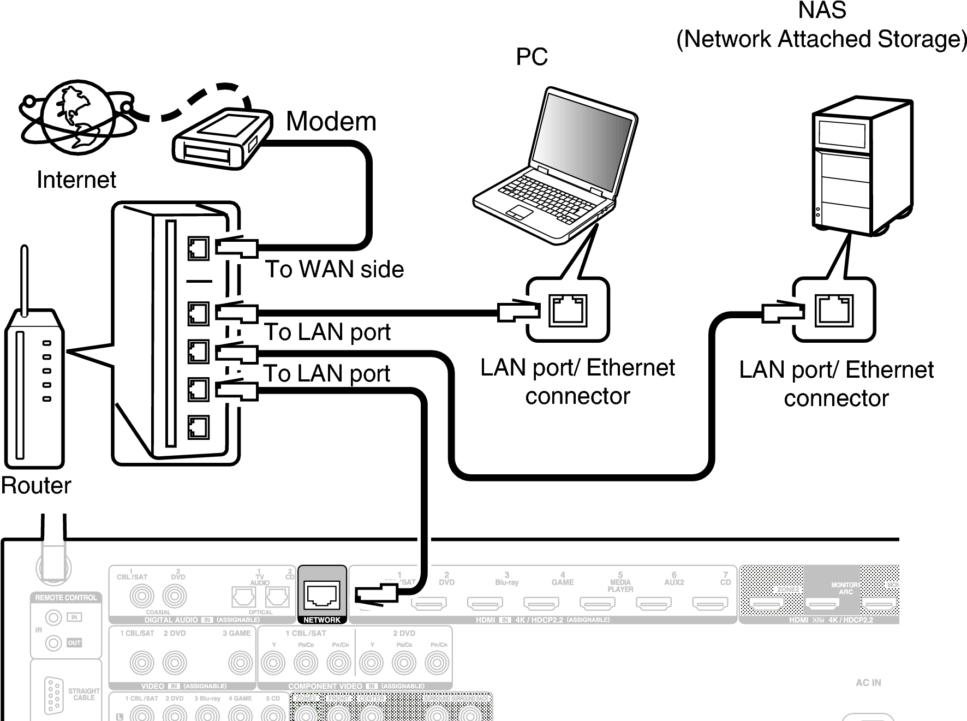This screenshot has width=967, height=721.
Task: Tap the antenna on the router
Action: (24, 281)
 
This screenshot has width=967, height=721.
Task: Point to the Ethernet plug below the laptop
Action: (522, 312)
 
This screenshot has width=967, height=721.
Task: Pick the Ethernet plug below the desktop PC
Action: (786, 312)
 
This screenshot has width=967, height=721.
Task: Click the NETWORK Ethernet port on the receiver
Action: (322, 594)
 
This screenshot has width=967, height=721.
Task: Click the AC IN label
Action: (868, 682)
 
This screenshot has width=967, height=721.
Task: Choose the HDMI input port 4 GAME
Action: (541, 603)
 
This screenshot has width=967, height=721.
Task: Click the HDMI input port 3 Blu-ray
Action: (485, 603)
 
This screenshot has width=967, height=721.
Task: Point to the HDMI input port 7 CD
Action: (709, 603)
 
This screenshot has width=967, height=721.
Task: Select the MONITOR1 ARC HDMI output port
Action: (822, 604)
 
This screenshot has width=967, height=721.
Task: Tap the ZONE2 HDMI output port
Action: (766, 604)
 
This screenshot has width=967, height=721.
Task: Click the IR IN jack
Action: (53, 618)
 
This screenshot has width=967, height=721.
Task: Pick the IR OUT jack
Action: (53, 643)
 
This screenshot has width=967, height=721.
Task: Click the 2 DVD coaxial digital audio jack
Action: (175, 596)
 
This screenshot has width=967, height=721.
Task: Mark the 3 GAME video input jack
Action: (240, 663)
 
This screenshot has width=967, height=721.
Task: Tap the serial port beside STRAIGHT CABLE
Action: (53, 695)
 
